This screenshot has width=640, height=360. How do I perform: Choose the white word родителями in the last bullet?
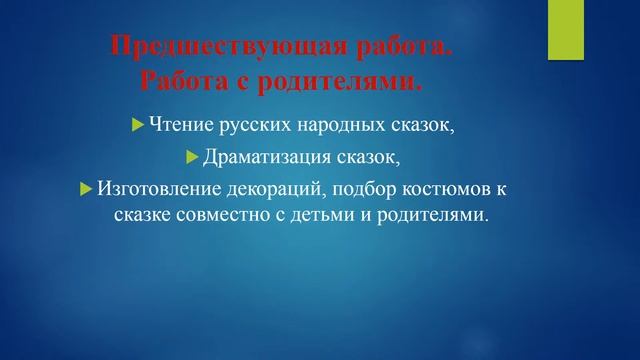[438, 216]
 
